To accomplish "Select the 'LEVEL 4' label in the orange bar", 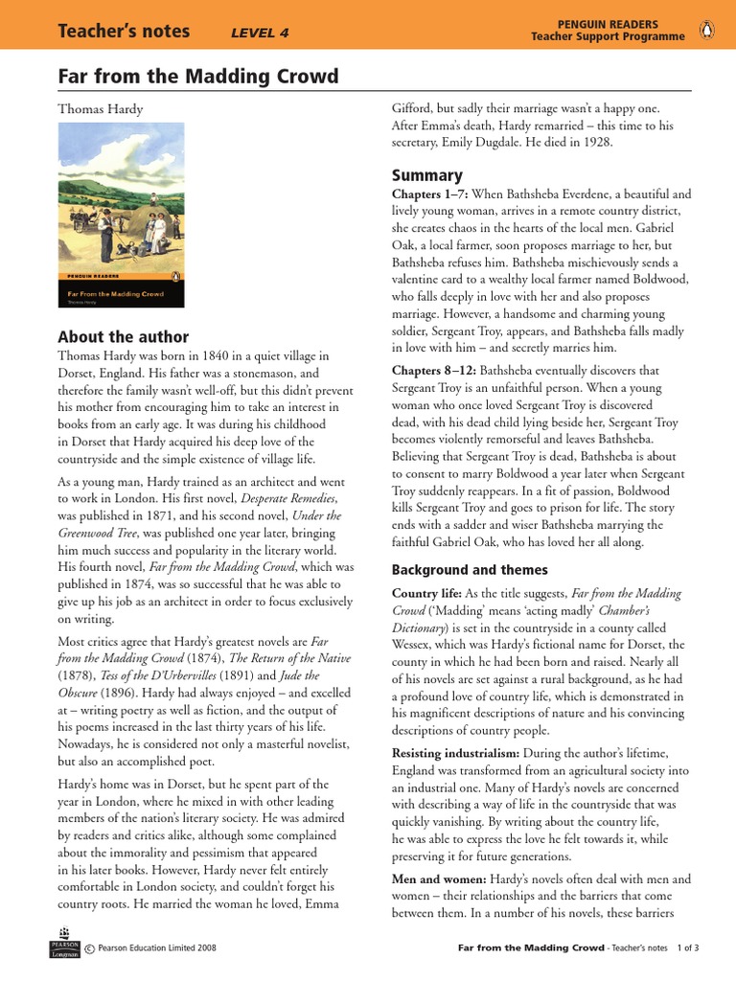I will point(260,34).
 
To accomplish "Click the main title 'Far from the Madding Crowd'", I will point(198,77).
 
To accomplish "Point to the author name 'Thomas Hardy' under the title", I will point(101,109).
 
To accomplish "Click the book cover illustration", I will point(122,216).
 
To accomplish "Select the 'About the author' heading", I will point(124,337).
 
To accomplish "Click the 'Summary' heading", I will point(427,175).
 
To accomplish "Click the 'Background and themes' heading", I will point(470,570).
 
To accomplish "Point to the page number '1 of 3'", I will point(688,948).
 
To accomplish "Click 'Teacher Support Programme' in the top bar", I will point(608,37).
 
